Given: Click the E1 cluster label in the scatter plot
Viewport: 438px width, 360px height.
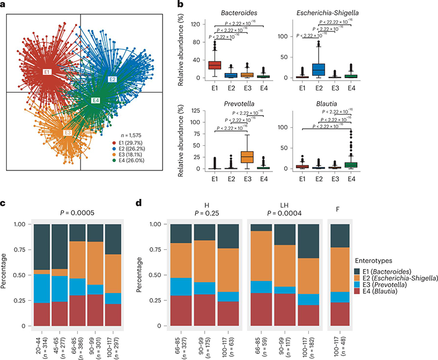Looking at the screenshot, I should pyautogui.click(x=47, y=72).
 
